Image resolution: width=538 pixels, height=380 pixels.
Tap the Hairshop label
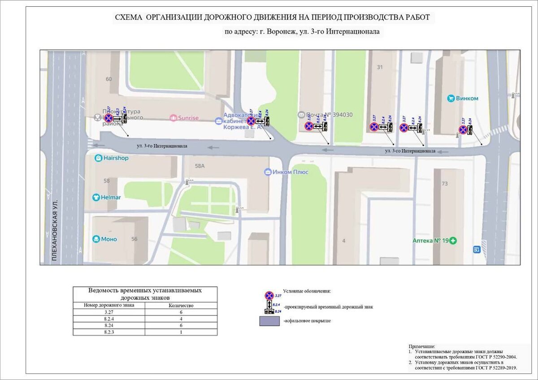point(116,158)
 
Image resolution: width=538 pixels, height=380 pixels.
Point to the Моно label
point(109,239)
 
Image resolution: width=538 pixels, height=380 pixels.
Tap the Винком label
point(469,98)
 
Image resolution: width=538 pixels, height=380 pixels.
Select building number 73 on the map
point(444,184)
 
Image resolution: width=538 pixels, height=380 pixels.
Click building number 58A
point(200,166)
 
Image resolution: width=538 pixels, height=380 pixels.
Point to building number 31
point(380,67)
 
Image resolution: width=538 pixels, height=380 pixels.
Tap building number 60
point(108,79)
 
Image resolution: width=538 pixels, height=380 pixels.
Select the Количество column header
point(181,306)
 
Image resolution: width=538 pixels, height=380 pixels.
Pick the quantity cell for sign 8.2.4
point(181,319)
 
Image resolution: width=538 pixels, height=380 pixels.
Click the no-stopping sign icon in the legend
point(269,295)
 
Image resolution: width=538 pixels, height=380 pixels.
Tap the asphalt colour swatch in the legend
point(269,321)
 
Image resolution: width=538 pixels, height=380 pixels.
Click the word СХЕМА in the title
point(129,17)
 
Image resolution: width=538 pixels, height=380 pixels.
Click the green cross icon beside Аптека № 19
point(453,241)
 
